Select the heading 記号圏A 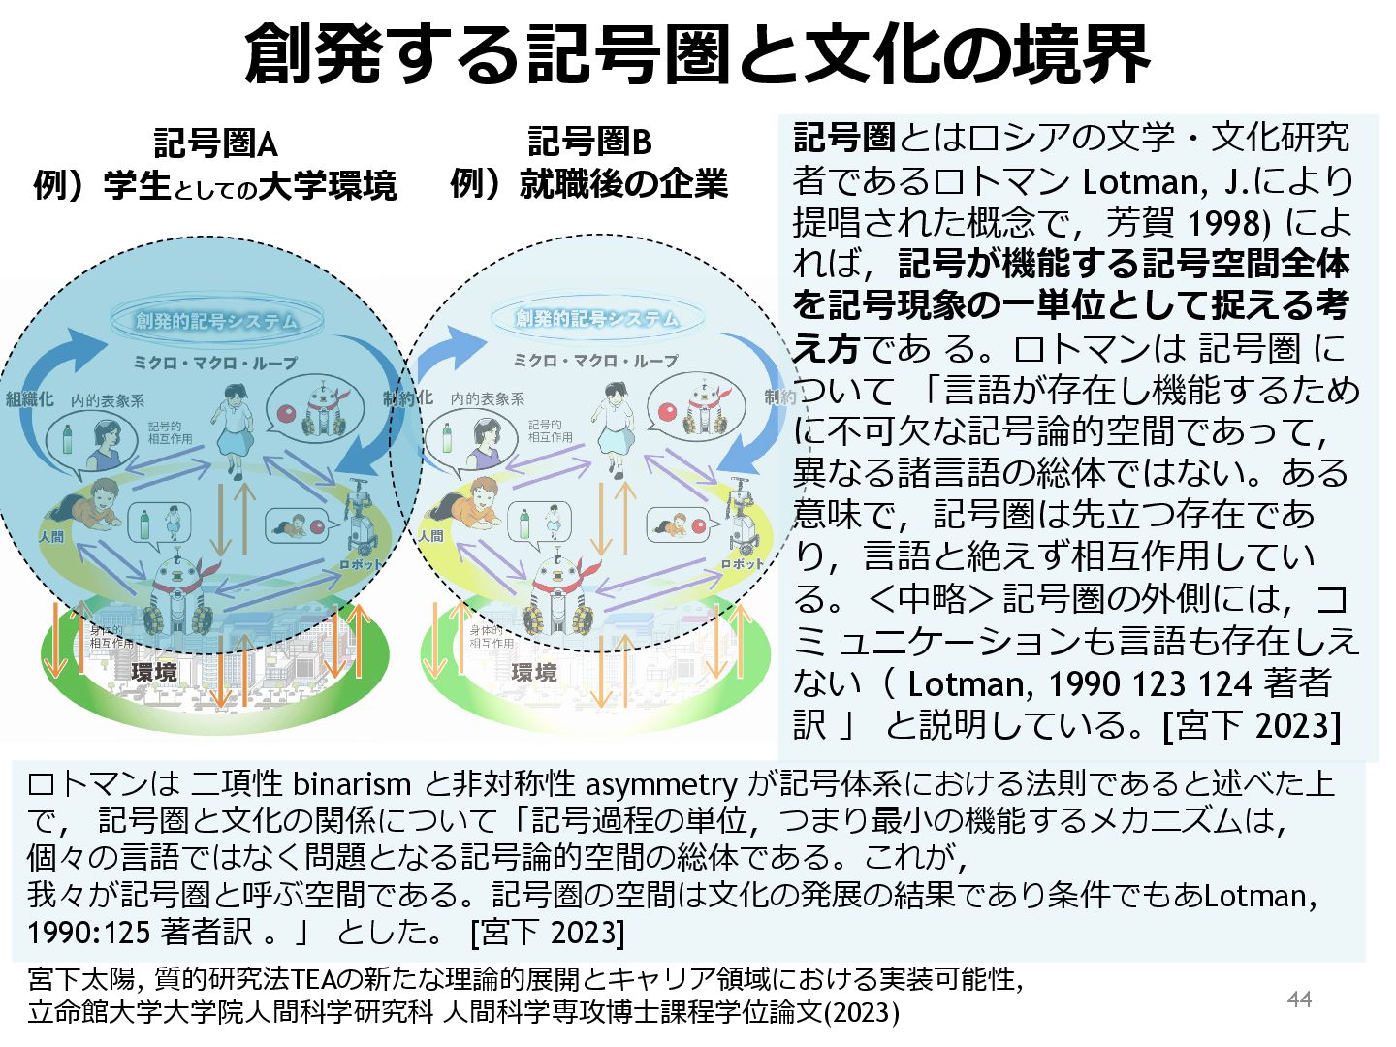(x=215, y=143)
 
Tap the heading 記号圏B (x=588, y=143)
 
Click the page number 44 (x=1299, y=999)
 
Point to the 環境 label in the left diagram (x=154, y=671)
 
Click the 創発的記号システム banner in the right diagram (x=596, y=318)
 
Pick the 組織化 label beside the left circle (x=29, y=398)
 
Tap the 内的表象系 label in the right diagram (x=487, y=398)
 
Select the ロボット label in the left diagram (x=361, y=564)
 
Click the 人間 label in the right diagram (x=430, y=535)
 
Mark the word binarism (x=352, y=783)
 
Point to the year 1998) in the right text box (x=1228, y=224)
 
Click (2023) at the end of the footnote (x=862, y=1013)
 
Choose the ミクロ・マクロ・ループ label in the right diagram (x=595, y=361)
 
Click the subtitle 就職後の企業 (x=623, y=183)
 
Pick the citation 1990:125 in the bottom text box (x=88, y=933)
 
